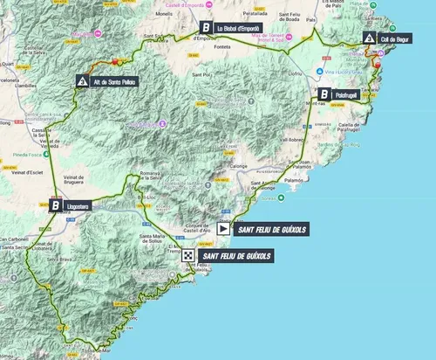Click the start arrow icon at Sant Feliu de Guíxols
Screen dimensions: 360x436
click(224, 228)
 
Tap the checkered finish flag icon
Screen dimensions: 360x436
click(187, 256)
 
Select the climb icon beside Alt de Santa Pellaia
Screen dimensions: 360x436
click(82, 81)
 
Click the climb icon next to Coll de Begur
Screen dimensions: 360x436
click(370, 38)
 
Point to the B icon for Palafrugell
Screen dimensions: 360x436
click(324, 94)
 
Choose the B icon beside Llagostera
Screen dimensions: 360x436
click(56, 206)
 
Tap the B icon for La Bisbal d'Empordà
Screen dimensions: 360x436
click(205, 27)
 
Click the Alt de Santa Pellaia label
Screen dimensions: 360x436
click(114, 82)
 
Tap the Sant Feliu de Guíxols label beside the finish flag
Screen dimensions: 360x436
click(235, 256)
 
